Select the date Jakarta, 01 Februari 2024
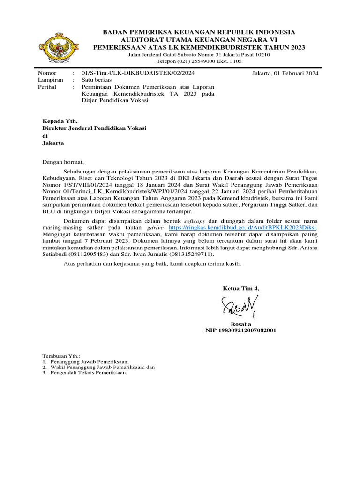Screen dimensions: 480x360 (x=285, y=74)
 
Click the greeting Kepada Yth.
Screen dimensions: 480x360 (x=57, y=121)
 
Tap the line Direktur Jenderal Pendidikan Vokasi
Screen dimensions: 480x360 (x=94, y=128)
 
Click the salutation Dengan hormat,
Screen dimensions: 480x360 (x=63, y=162)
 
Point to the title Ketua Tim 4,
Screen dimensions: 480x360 (x=240, y=288)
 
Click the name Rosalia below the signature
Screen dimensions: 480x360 (x=241, y=324)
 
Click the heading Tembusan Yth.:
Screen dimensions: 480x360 (x=61, y=356)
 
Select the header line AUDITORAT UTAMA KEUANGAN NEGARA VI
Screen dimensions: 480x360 (x=199, y=40)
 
